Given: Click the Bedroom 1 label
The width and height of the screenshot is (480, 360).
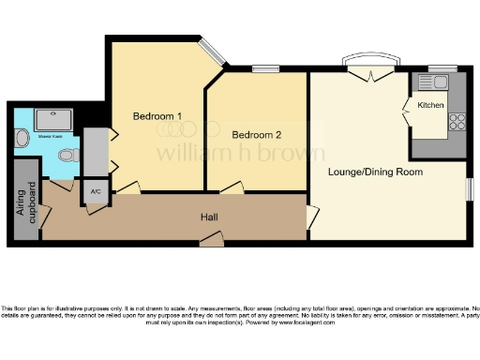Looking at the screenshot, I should pyautogui.click(x=157, y=117).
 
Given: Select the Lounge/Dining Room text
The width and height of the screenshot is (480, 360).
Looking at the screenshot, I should pyautogui.click(x=375, y=172).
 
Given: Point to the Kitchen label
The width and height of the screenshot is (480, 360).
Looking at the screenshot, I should pyautogui.click(x=430, y=105).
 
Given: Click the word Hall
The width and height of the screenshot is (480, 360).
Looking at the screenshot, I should pyautogui.click(x=210, y=217).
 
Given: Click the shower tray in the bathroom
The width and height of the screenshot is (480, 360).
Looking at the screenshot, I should pyautogui.click(x=51, y=118).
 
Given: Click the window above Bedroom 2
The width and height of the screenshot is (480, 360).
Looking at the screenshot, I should pyautogui.click(x=265, y=68).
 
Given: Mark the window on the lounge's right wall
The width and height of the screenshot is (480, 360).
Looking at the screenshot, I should pyautogui.click(x=472, y=187).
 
